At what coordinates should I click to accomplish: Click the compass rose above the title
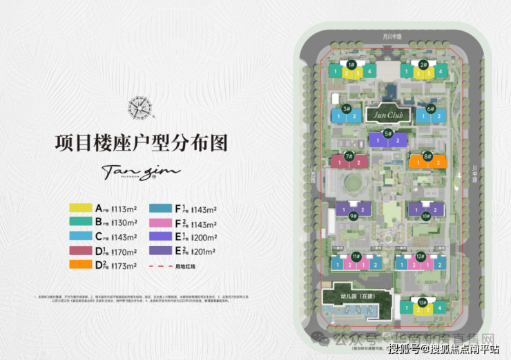(x=140, y=107)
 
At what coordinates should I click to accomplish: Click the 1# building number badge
(x=351, y=64)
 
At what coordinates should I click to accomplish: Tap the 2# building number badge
(x=423, y=64)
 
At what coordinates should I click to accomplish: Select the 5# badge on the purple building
(x=388, y=133)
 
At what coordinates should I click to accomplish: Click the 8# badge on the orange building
(x=427, y=157)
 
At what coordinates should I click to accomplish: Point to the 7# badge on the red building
(x=349, y=157)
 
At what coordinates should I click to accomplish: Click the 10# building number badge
(x=425, y=216)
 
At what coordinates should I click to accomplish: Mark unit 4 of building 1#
(x=372, y=72)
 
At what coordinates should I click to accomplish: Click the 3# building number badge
(x=346, y=109)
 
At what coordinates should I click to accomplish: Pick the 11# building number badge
(x=356, y=256)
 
